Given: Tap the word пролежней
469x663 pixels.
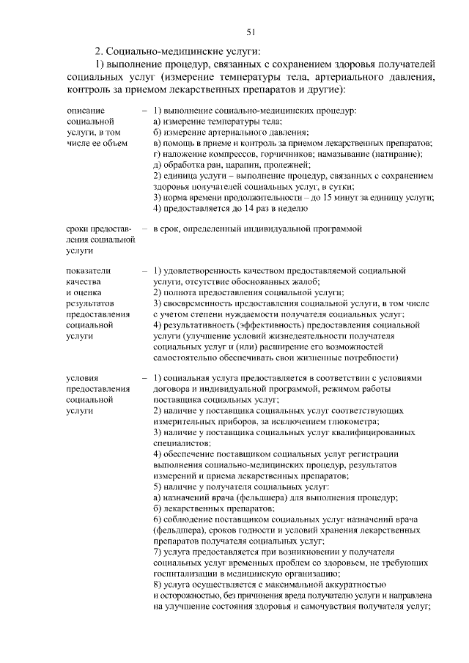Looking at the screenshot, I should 287,166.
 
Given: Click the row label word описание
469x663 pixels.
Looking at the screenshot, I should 84,110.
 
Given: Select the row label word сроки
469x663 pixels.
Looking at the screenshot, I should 78,229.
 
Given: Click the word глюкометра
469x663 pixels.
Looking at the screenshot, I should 354,423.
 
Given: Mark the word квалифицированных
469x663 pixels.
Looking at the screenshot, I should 363,434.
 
